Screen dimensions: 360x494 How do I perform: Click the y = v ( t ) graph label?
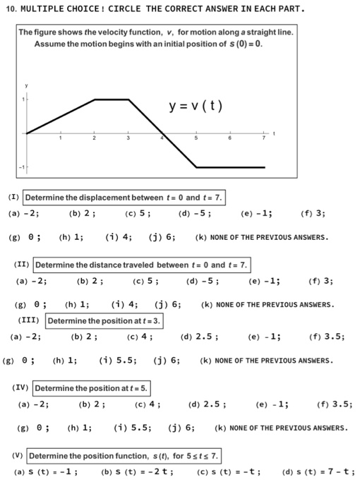tap(196, 107)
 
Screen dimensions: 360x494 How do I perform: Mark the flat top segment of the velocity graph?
tap(111, 100)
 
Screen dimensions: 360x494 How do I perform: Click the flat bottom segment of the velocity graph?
tap(230, 167)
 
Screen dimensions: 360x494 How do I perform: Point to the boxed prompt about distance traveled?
tap(141, 265)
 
